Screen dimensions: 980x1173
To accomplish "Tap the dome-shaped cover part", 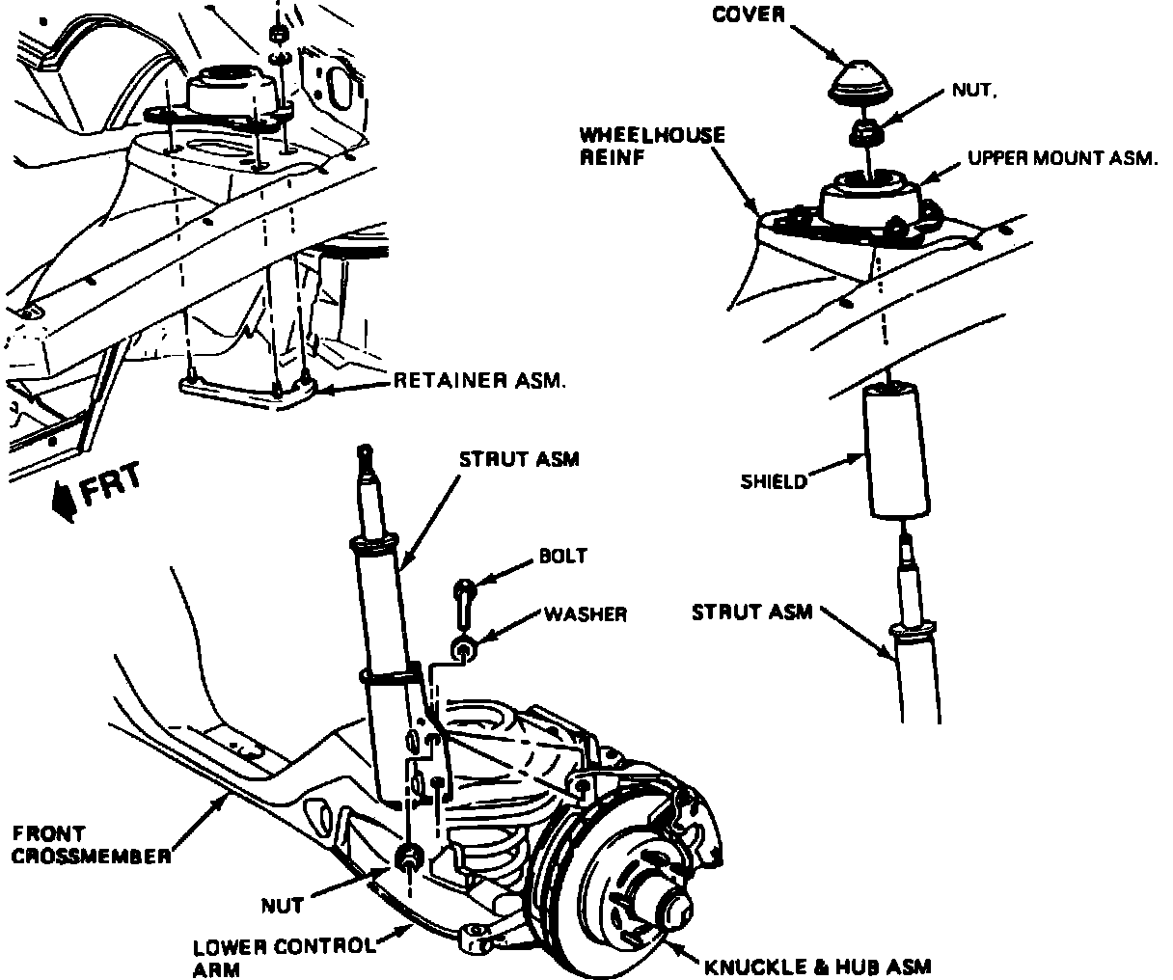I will (x=861, y=79).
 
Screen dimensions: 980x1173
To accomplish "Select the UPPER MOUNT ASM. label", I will (x=1062, y=159).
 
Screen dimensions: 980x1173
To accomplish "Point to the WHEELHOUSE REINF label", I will (x=651, y=146).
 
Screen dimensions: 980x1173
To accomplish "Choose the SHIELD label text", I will (x=774, y=481).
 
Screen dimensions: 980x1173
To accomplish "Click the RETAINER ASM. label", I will (x=479, y=381).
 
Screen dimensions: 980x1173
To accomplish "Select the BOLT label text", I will (x=563, y=557).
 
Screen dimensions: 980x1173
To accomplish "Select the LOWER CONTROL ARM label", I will (x=282, y=957).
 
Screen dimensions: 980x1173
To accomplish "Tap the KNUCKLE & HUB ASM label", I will (x=817, y=965).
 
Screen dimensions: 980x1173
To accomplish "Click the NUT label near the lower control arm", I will (x=283, y=905).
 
